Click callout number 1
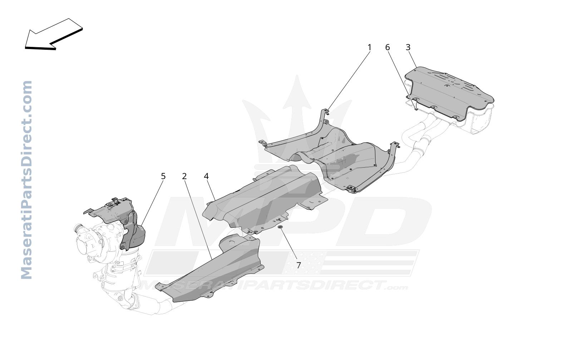[369, 48]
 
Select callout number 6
[388, 48]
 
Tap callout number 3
[408, 48]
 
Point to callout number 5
[163, 176]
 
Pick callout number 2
[184, 176]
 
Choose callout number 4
[206, 176]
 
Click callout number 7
[299, 265]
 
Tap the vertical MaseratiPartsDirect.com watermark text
[26, 180]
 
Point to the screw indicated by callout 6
[416, 108]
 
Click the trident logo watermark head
[297, 94]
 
